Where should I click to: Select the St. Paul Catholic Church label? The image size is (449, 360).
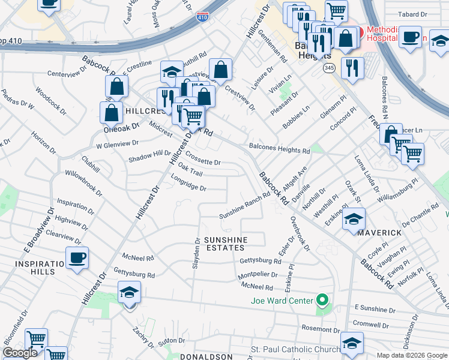tap(295, 349)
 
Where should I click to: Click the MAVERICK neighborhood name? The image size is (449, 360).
tap(380, 232)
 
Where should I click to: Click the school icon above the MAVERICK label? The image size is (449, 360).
tap(354, 220)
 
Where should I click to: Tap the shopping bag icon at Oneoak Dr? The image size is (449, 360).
tap(112, 112)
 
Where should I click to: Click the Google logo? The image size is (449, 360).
tap(20, 353)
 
